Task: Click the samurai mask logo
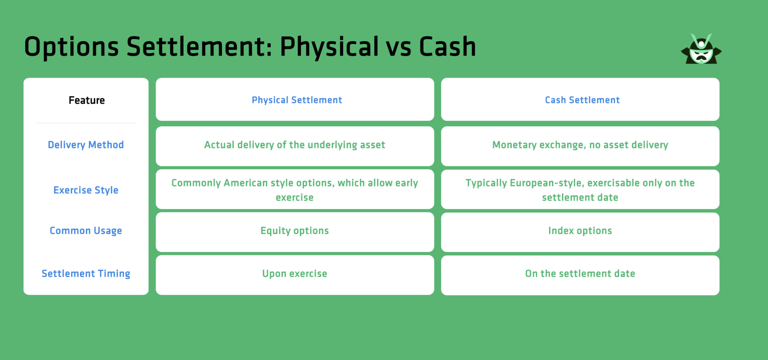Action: (x=701, y=50)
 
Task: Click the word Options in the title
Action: (x=71, y=47)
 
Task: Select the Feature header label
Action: (x=86, y=100)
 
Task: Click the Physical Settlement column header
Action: (x=296, y=100)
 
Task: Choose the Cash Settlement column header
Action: (x=582, y=100)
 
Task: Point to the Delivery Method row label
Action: (x=86, y=145)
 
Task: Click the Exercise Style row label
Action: (x=86, y=190)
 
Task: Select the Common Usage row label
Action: (x=86, y=231)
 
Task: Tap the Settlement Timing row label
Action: (x=86, y=274)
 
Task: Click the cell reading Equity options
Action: (x=294, y=231)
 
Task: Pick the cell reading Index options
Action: (x=580, y=231)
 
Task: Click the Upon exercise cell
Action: (x=294, y=274)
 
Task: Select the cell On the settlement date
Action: (x=580, y=274)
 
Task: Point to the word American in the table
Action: (x=245, y=183)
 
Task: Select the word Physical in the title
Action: (x=329, y=47)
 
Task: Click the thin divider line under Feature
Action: (x=87, y=123)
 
